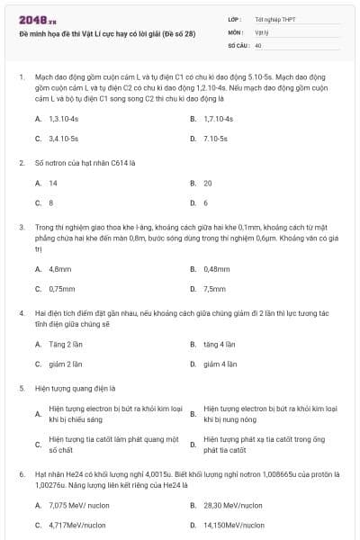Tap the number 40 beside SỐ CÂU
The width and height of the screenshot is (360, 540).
click(258, 44)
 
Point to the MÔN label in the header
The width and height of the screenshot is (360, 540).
click(236, 31)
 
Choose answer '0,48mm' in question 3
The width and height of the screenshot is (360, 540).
click(217, 268)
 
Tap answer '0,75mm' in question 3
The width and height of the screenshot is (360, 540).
click(62, 289)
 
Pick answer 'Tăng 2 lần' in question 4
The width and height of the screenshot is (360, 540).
click(66, 344)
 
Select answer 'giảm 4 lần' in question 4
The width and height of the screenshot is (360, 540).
click(220, 364)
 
